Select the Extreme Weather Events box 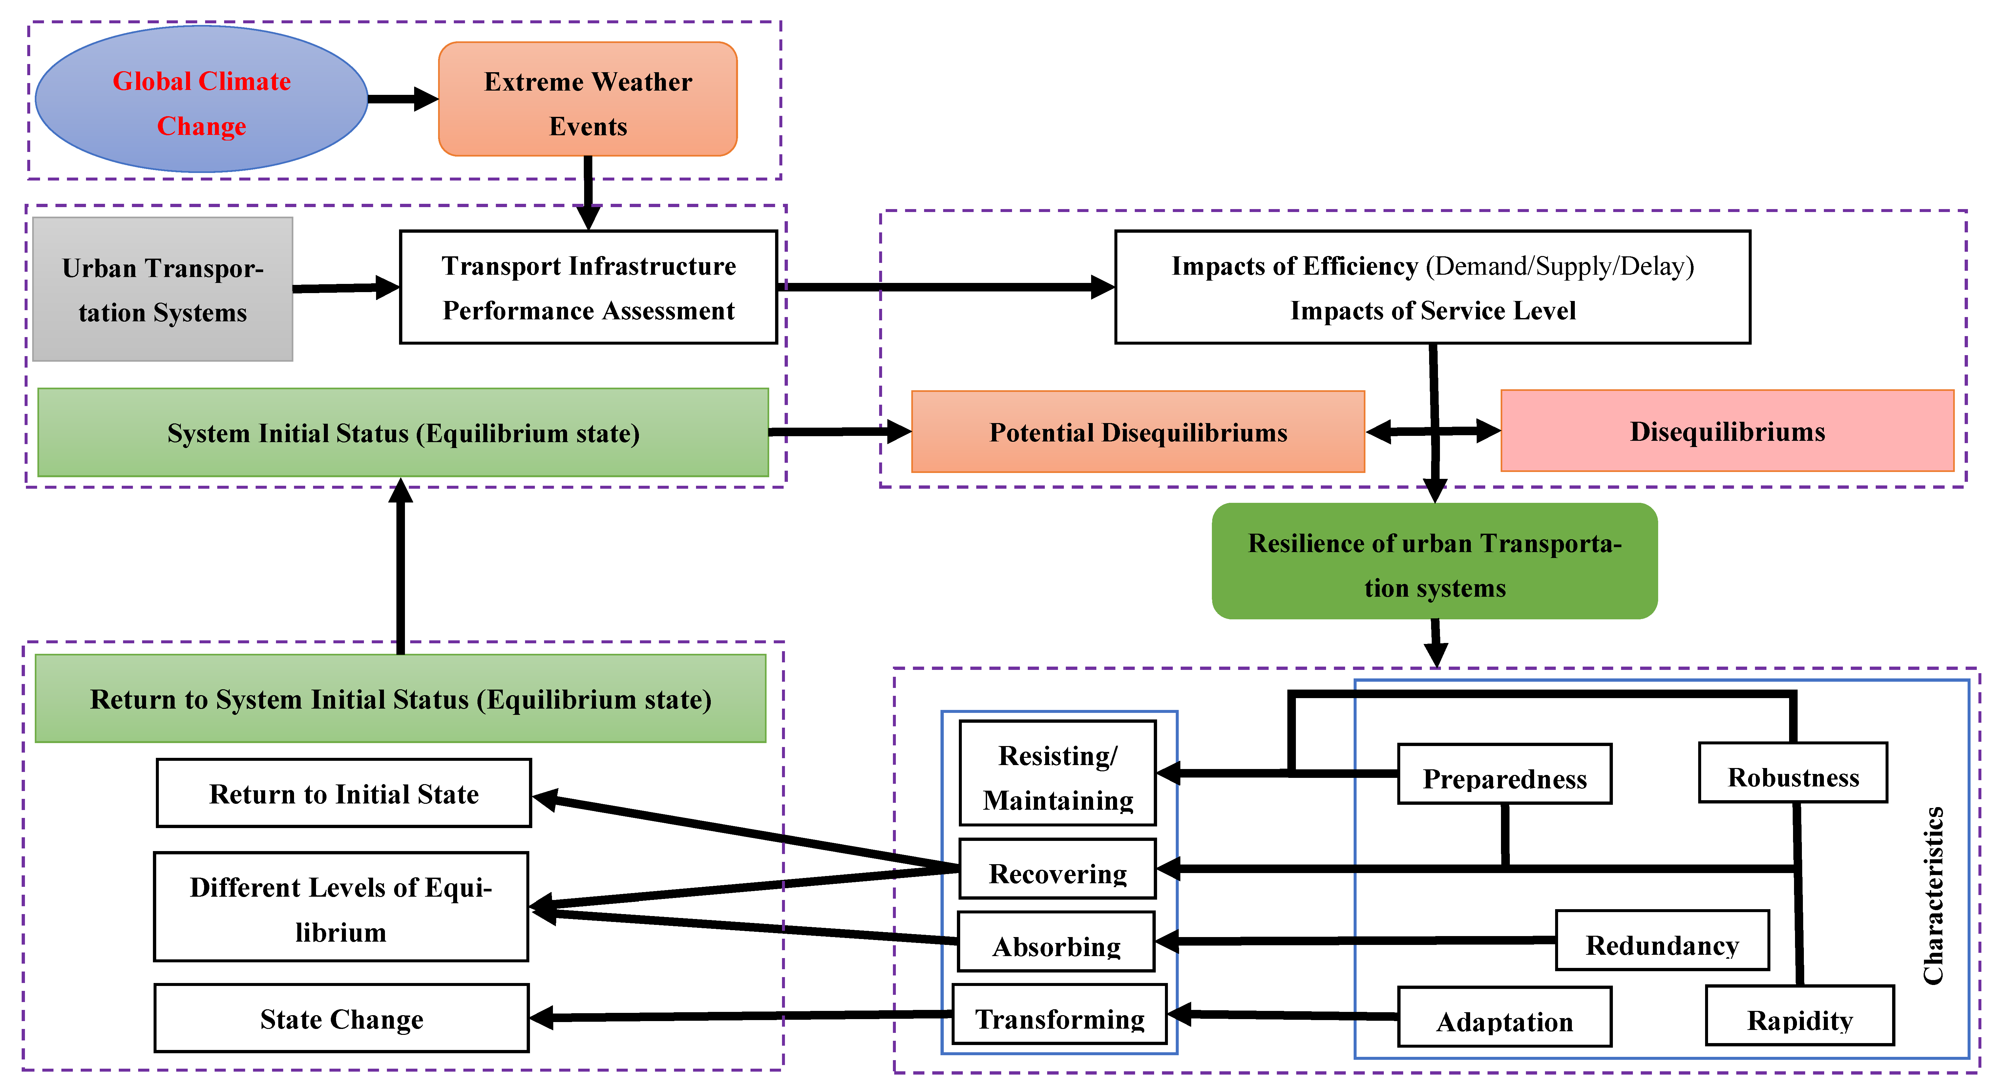click(x=588, y=100)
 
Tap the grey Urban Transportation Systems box click(x=163, y=289)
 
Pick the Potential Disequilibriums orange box click(x=1138, y=432)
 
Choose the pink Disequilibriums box click(x=1727, y=431)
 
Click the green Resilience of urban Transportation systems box click(x=1434, y=561)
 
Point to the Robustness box click(x=1793, y=773)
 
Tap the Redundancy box click(x=1662, y=940)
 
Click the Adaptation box click(x=1505, y=1017)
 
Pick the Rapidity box click(x=1800, y=1015)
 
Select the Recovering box click(x=1058, y=869)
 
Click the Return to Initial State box click(x=344, y=793)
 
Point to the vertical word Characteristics click(x=1933, y=896)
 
